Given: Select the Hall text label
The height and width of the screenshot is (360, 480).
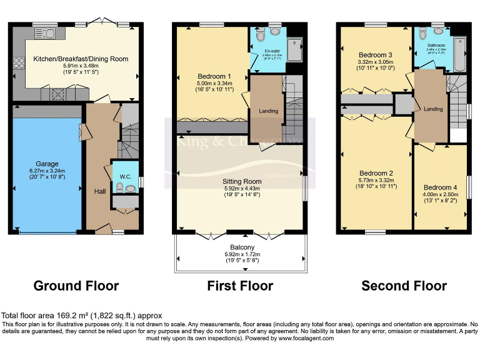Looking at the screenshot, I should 99,191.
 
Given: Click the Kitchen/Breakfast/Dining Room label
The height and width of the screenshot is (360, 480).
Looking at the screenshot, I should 81,59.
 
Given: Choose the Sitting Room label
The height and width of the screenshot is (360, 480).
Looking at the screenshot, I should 241,181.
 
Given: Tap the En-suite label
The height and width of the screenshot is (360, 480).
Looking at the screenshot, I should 272,51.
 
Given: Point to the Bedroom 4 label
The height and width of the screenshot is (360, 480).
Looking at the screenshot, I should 440,187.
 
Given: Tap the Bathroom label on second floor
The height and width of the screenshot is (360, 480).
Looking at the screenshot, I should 436,46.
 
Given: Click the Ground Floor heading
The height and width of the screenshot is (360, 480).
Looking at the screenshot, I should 76,286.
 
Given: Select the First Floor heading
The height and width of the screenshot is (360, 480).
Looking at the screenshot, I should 240,286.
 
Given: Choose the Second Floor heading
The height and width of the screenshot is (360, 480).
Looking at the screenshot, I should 404,286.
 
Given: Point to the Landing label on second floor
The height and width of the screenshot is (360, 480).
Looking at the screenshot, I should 433,109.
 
